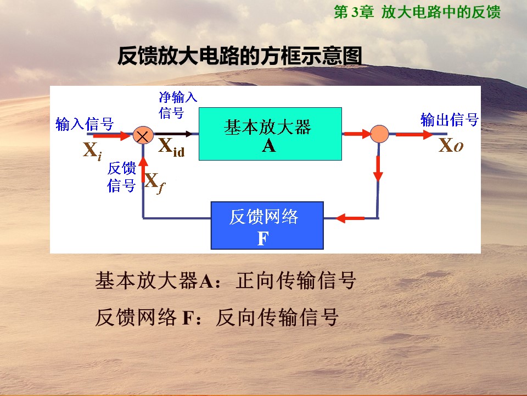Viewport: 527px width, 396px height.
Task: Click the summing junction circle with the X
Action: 143,135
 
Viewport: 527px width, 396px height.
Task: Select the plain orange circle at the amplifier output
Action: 379,134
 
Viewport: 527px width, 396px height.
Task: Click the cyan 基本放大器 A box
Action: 270,134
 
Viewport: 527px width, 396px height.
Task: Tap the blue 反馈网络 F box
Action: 267,226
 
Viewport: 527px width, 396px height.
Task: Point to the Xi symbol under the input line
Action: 92,151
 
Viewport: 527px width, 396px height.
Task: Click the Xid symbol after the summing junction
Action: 171,147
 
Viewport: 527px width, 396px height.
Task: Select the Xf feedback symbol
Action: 155,183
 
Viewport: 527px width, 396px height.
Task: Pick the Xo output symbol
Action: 451,146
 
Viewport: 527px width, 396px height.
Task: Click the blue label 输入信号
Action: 85,124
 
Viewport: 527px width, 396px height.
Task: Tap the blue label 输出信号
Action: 450,119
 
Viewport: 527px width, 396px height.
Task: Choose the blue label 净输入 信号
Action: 178,105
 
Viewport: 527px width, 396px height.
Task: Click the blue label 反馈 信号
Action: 121,177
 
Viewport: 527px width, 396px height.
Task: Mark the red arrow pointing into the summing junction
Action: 111,136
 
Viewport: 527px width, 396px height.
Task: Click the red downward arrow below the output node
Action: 378,168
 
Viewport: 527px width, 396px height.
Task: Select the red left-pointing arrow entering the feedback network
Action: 350,218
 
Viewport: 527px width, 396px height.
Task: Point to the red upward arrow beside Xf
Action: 143,170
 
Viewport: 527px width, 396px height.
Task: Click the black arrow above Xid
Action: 173,134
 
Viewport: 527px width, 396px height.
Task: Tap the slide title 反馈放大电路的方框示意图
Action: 240,56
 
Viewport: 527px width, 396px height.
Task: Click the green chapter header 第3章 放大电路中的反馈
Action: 417,12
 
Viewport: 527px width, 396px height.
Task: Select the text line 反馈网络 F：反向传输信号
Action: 216,317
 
